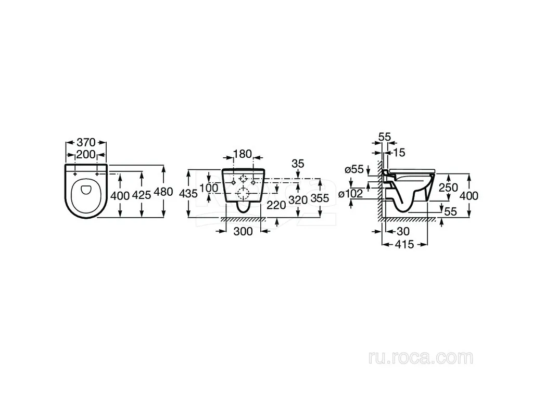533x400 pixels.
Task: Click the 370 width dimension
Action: (86, 142)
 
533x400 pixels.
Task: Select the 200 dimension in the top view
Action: (86, 155)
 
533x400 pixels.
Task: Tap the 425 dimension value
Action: (141, 195)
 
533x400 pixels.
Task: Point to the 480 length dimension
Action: (163, 192)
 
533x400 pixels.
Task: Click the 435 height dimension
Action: (188, 194)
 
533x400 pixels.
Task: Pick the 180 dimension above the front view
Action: (243, 154)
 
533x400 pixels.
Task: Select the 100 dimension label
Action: (209, 187)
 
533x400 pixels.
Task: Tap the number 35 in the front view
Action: (298, 164)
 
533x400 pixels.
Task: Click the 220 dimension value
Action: (276, 205)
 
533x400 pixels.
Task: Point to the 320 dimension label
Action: (298, 200)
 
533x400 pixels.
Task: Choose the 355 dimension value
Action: (320, 198)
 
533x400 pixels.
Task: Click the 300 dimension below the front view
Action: (243, 231)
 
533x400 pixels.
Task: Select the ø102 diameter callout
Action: (351, 194)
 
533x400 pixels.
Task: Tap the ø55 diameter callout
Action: (354, 169)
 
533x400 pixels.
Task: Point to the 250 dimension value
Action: (448, 187)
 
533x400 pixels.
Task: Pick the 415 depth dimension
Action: (404, 244)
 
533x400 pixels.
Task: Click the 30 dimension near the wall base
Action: (403, 231)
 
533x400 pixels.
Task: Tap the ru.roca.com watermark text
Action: (421, 357)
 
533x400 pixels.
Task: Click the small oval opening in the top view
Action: (86, 190)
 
